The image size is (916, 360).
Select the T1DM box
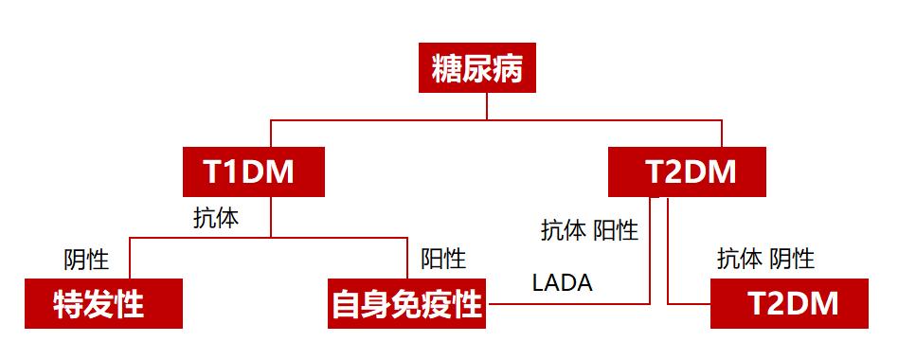pos(253,172)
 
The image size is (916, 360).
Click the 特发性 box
pos(102,304)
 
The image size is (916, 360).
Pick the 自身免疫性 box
pos(406,304)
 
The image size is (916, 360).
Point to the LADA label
pos(562,282)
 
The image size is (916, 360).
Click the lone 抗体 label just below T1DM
pos(216,218)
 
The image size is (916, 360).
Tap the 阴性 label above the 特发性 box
pos(86,258)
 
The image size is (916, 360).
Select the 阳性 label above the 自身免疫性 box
pos(442,258)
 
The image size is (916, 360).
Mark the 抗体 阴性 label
pos(765,258)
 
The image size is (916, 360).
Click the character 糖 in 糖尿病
pos(447,70)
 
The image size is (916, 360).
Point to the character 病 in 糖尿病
pos(508,70)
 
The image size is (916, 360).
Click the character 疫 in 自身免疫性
pos(437,305)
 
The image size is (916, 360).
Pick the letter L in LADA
pos(538,282)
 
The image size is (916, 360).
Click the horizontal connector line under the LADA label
pos(568,304)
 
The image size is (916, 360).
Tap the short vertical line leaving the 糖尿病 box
pos(487,106)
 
